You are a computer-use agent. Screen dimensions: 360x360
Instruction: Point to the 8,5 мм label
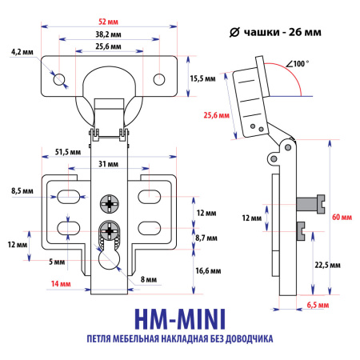tap(22, 192)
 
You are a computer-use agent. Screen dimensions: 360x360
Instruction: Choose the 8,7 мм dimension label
tap(205, 238)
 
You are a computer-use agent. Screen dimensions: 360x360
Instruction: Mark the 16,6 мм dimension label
tap(206, 271)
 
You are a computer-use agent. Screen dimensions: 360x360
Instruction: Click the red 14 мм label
tap(62, 284)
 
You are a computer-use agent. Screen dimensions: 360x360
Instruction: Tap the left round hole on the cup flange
tap(59, 79)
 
